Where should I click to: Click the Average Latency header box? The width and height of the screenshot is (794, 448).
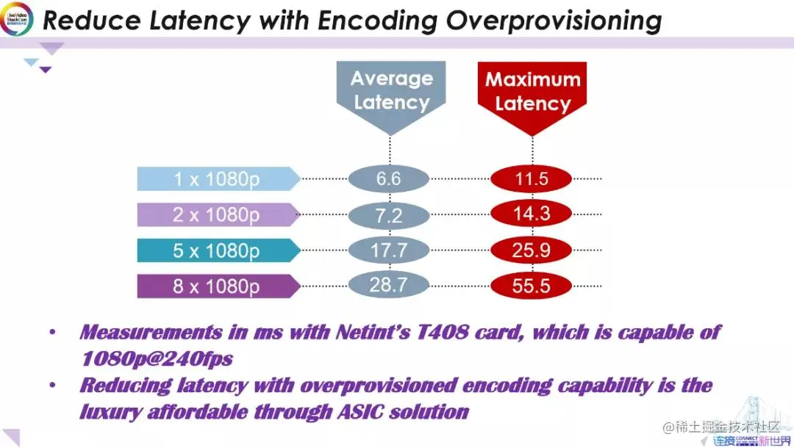pyautogui.click(x=390, y=91)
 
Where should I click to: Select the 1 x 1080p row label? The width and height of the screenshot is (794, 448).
pyautogui.click(x=217, y=179)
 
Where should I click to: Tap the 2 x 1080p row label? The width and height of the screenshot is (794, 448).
pyautogui.click(x=217, y=214)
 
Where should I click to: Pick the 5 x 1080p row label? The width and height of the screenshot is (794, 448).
pyautogui.click(x=217, y=250)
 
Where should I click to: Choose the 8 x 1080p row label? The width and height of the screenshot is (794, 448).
pyautogui.click(x=217, y=286)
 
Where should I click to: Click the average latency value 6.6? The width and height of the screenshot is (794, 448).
pyautogui.click(x=388, y=179)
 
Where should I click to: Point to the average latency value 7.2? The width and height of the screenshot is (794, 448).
pyautogui.click(x=388, y=214)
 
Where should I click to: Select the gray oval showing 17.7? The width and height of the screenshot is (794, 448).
pyautogui.click(x=388, y=250)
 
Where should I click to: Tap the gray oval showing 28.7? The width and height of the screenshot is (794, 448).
pyautogui.click(x=388, y=284)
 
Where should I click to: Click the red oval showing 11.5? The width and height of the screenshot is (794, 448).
pyautogui.click(x=531, y=179)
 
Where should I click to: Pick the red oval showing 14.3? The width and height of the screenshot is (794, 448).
pyautogui.click(x=531, y=214)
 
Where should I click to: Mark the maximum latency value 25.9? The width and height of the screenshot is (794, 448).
pyautogui.click(x=531, y=250)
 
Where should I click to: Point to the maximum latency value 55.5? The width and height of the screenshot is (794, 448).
pyautogui.click(x=531, y=286)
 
